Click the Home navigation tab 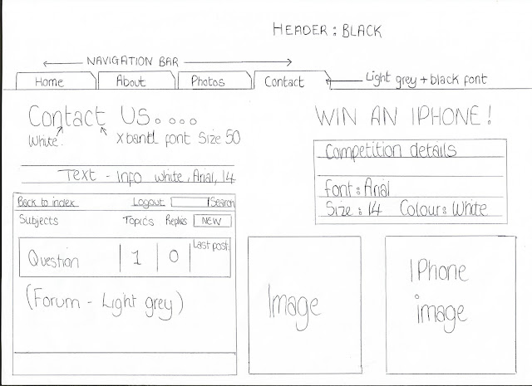[x=50, y=81]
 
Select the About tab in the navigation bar [x=131, y=81]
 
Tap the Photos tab [x=208, y=81]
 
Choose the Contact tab [x=283, y=81]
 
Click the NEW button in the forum [x=212, y=222]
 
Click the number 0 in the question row [x=174, y=258]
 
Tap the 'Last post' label [x=211, y=245]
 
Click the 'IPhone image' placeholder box [x=450, y=302]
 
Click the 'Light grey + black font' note [x=426, y=80]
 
